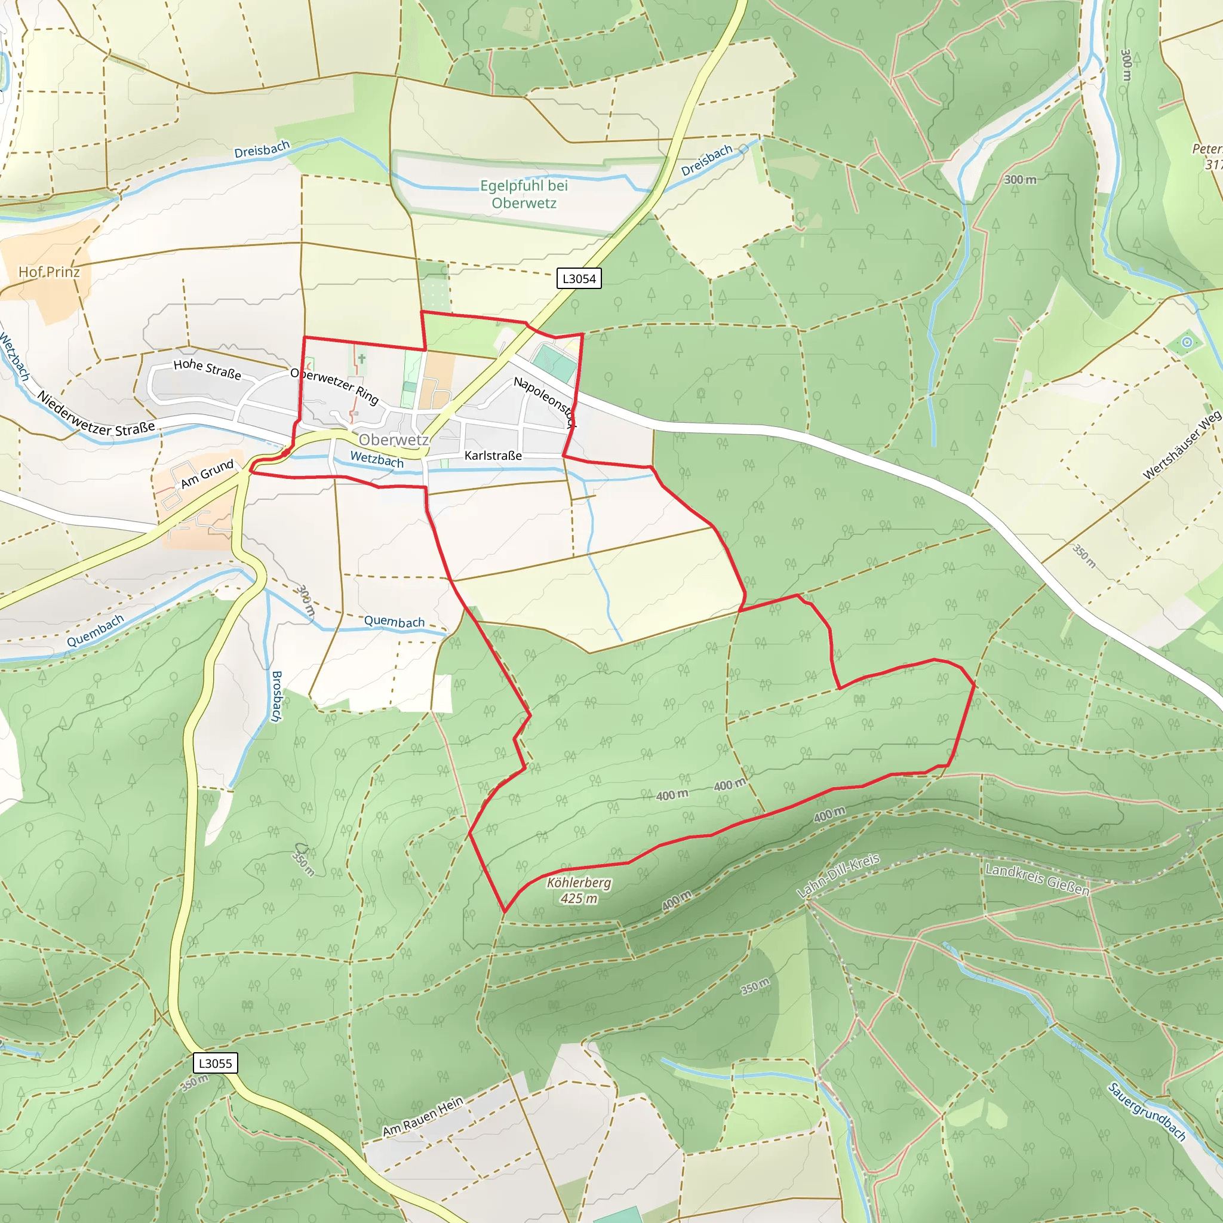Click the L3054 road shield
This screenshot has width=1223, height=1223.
(x=579, y=278)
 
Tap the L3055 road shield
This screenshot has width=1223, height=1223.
(x=215, y=1063)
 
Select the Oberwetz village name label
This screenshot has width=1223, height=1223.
(x=393, y=440)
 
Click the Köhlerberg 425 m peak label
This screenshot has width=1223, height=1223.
(x=579, y=890)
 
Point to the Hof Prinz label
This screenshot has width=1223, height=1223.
(x=49, y=272)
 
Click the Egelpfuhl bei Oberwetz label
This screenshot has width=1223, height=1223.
(x=524, y=194)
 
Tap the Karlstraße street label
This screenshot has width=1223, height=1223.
(x=493, y=456)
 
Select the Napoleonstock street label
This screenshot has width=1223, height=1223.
(x=545, y=402)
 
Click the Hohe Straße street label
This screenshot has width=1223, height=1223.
(x=207, y=369)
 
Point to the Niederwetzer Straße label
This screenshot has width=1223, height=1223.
(x=96, y=414)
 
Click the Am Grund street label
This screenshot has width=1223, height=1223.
(x=207, y=474)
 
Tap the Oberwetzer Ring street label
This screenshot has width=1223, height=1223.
(x=334, y=386)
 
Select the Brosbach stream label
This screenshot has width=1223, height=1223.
(x=276, y=696)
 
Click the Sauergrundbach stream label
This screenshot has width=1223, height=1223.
(x=1147, y=1112)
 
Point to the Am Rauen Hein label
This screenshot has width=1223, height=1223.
(x=423, y=1117)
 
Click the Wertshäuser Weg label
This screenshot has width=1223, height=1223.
(x=1181, y=445)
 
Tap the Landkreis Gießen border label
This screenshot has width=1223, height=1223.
(x=1037, y=880)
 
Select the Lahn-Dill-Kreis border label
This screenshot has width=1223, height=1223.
(x=837, y=875)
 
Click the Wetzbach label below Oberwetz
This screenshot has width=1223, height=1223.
(x=377, y=460)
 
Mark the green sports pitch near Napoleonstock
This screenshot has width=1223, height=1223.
(x=554, y=362)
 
